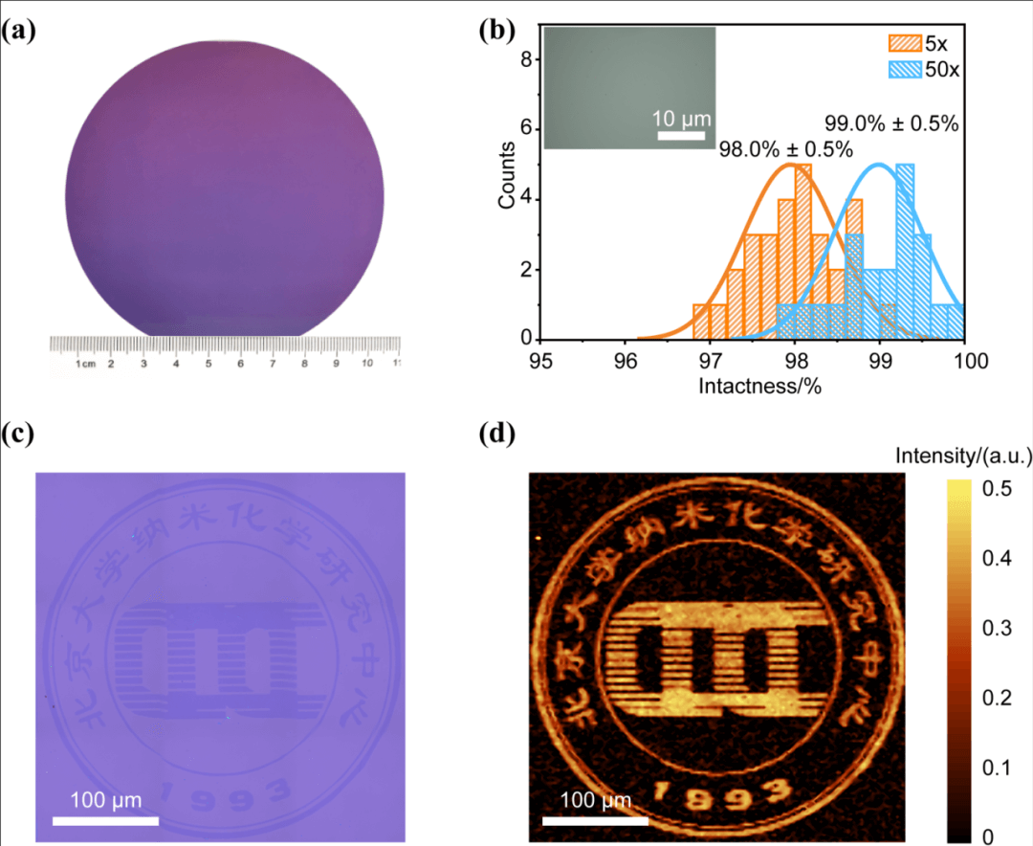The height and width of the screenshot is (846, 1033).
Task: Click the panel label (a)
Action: click(x=19, y=32)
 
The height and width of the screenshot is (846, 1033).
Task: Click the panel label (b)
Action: click(x=497, y=32)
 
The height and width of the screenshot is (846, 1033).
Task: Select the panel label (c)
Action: click(x=19, y=434)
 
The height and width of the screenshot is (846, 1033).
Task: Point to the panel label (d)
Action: click(x=497, y=434)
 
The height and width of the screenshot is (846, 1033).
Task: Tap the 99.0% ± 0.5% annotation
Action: click(x=891, y=123)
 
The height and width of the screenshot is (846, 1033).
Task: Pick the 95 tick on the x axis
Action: click(x=541, y=363)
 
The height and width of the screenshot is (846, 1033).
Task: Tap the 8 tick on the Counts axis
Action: click(x=525, y=60)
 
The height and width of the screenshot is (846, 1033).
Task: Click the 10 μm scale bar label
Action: click(x=682, y=119)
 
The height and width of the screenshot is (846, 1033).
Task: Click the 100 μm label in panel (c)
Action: click(x=105, y=799)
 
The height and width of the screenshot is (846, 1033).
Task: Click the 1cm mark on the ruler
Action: click(x=85, y=365)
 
